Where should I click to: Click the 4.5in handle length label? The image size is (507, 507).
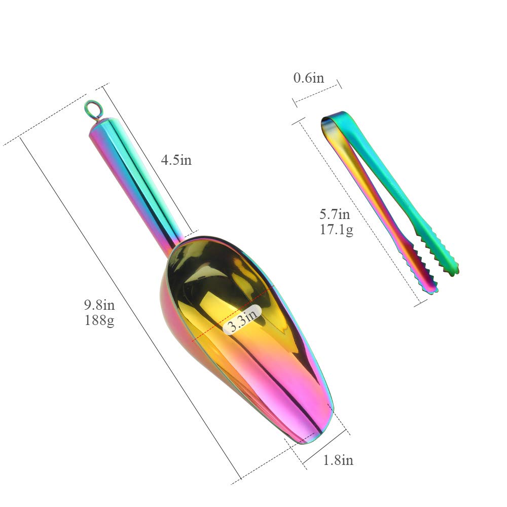coord(176,160)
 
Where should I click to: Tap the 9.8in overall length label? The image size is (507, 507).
coord(99,305)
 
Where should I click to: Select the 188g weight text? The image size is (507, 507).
coord(99,320)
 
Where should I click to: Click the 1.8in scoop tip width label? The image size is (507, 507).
coord(338,460)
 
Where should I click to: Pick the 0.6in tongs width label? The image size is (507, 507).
coord(308,78)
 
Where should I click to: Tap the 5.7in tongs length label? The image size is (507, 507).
coord(335,214)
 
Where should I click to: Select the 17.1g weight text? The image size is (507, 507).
coord(337,230)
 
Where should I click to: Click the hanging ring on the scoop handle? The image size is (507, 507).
coord(93,109)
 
